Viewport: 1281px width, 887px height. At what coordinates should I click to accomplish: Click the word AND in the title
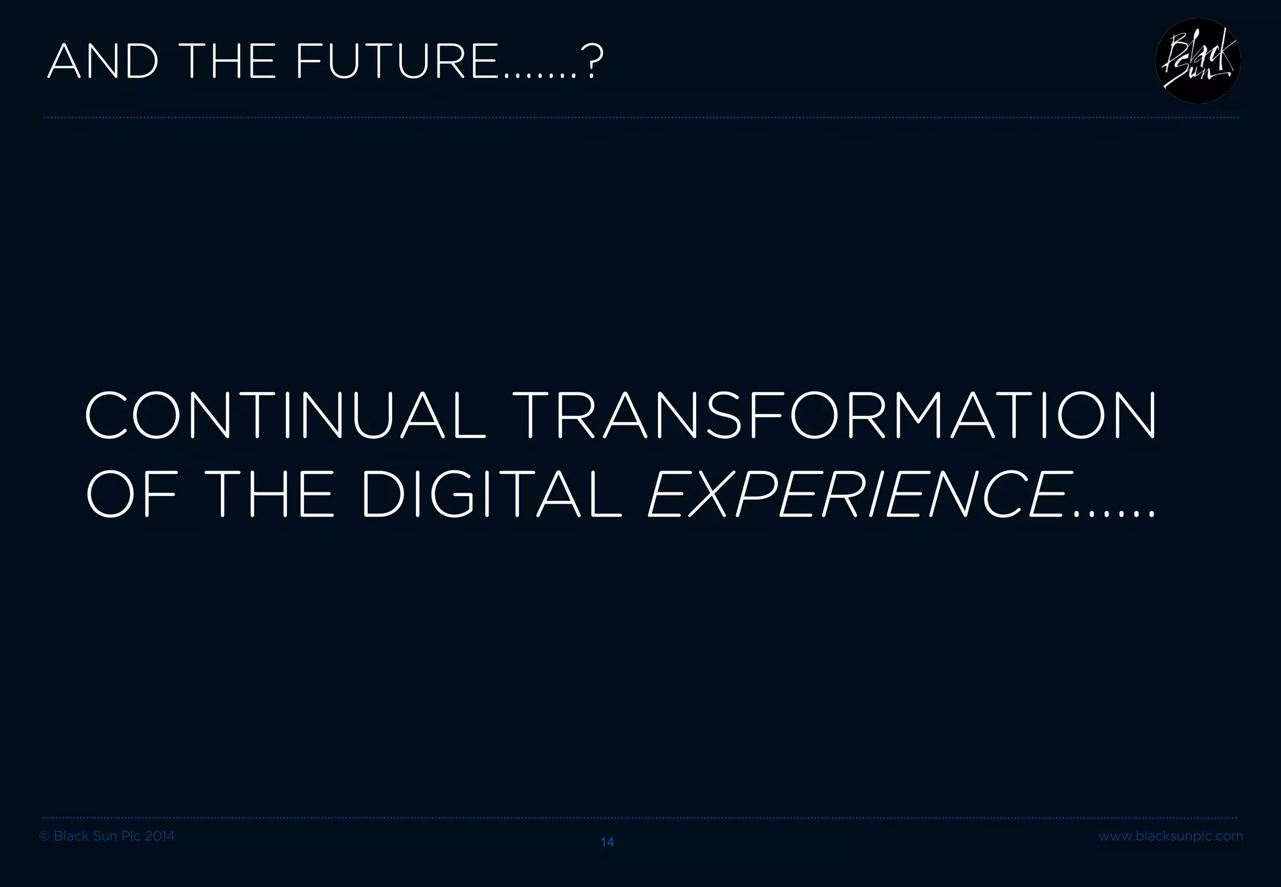[103, 62]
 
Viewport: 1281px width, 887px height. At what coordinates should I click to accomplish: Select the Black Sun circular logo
[1197, 61]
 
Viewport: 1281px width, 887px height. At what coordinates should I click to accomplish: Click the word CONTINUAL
[285, 416]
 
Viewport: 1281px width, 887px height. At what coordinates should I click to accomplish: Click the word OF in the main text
[131, 495]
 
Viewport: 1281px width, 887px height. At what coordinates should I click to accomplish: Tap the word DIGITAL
[492, 495]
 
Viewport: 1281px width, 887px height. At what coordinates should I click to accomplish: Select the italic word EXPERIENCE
[858, 495]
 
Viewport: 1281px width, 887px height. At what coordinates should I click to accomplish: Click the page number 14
[607, 843]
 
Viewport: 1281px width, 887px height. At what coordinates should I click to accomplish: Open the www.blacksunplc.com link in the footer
[1171, 836]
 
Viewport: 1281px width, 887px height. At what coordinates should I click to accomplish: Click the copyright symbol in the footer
[44, 836]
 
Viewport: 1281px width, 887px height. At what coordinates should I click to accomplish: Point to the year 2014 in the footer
[159, 836]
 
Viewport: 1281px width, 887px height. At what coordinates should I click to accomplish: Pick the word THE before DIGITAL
[270, 495]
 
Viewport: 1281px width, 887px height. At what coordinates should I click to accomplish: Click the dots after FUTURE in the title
[538, 76]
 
